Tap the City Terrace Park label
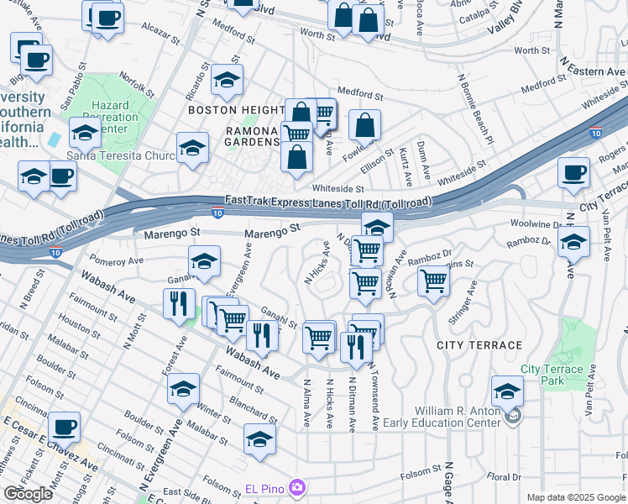pos(552,375)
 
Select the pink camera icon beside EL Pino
pos(296,487)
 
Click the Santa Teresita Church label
pos(110,155)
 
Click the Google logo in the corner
pos(28,494)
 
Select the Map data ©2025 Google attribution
pos(576,497)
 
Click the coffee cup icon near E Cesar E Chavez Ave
pos(65,427)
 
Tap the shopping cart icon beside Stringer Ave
pos(433,281)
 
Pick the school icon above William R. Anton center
pos(507,391)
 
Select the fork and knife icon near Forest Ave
pos(179,303)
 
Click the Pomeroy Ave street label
pos(113,261)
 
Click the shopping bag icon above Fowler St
pos(364,125)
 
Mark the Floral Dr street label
pos(504,477)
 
